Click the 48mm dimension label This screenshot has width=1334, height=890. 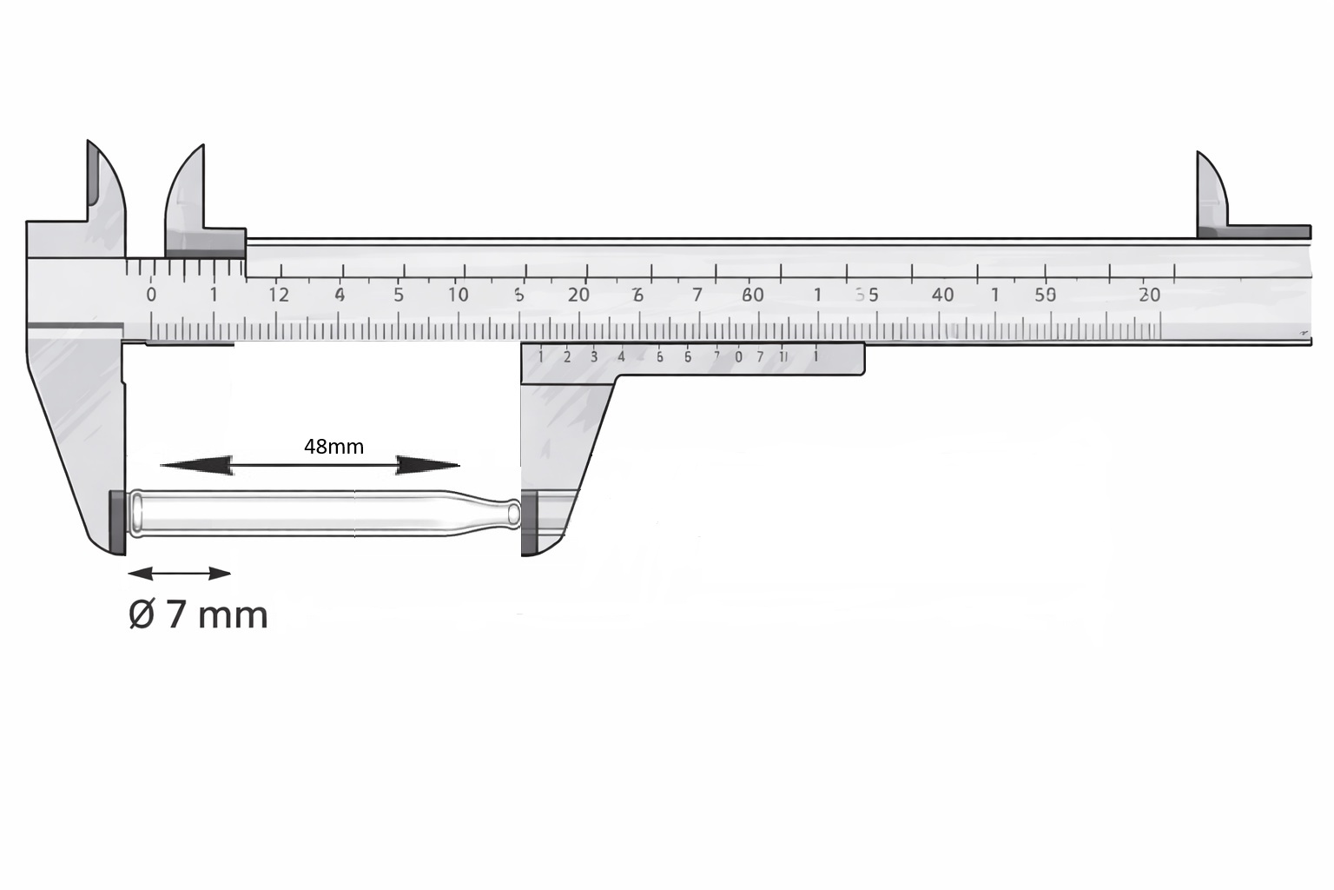point(333,447)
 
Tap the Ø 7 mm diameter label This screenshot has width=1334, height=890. point(198,614)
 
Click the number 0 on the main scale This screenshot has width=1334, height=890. point(151,295)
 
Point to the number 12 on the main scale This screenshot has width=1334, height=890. point(278,295)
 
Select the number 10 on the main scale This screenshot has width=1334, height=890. point(458,295)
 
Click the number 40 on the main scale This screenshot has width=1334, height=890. point(942,295)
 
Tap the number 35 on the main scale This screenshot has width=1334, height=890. point(867,295)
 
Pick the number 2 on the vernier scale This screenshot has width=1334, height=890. point(567,356)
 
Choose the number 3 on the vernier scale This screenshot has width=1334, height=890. point(594,356)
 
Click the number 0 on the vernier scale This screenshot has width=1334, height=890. point(738,356)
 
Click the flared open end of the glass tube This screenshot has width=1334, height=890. point(136,513)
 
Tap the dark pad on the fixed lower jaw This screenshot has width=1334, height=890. point(116,521)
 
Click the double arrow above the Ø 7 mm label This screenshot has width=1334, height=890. point(179,574)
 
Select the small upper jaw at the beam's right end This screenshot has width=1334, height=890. point(1212,196)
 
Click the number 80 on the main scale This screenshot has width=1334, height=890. point(753,295)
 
